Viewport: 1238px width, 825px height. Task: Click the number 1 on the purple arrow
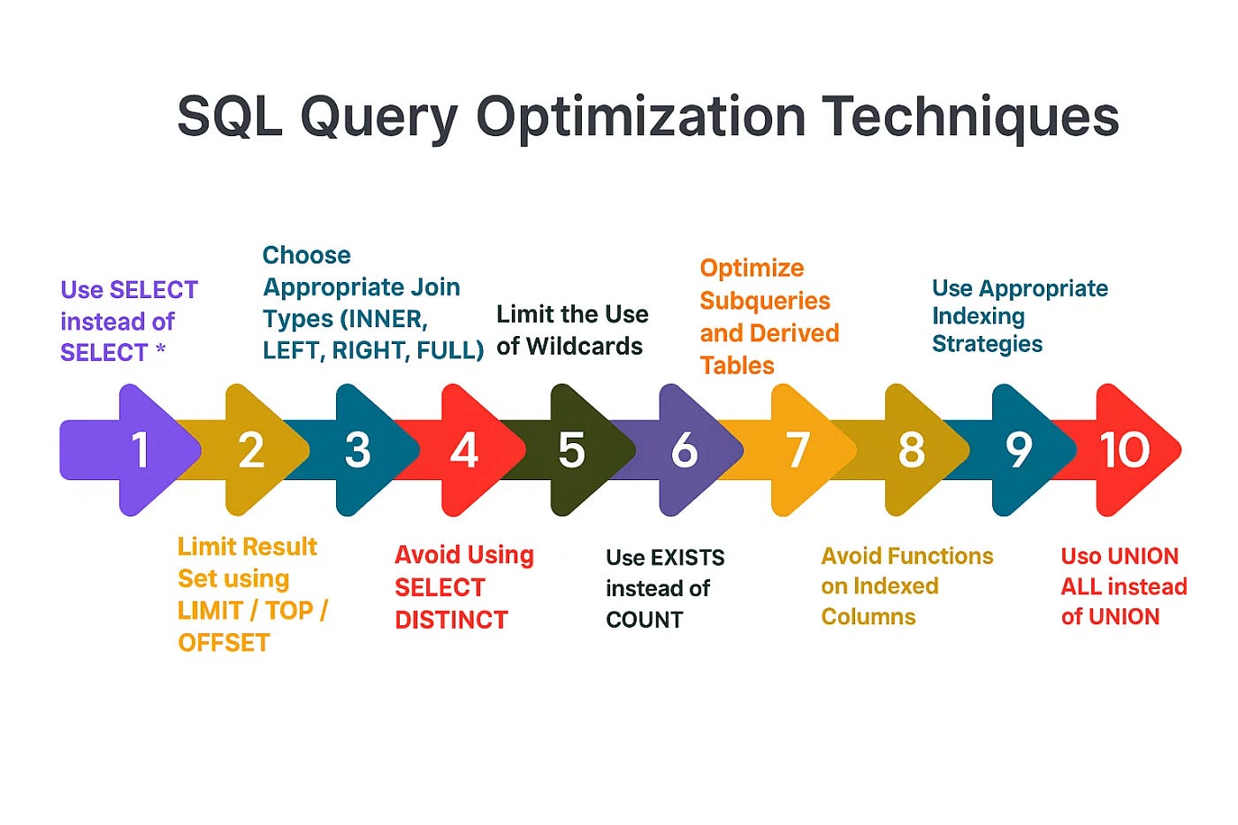141,450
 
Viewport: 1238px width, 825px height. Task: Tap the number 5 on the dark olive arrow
571,450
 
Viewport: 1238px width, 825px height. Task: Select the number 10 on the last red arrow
1124,450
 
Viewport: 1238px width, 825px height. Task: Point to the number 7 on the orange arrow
798,450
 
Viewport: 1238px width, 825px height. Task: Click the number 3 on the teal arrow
357,450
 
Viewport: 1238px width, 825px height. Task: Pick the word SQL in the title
230,117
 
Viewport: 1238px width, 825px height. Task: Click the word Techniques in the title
971,116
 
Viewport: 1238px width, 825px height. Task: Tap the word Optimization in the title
640,116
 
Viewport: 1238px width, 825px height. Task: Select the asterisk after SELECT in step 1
160,349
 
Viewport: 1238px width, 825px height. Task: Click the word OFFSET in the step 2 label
224,643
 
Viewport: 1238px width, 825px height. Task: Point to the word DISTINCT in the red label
452,620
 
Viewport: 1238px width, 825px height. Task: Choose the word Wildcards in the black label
585,347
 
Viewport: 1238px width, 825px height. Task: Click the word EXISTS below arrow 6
688,558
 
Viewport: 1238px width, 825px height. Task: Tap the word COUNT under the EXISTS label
645,620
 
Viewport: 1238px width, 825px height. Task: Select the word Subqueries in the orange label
765,302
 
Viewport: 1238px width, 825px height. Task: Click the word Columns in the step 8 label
868,616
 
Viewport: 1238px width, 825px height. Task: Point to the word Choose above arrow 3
307,256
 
